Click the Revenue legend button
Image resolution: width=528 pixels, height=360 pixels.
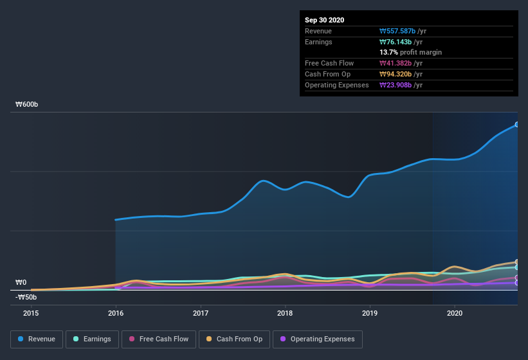(x=37, y=339)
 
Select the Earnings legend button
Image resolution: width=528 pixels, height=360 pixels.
(x=92, y=339)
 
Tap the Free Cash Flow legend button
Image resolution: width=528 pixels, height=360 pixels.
(x=159, y=339)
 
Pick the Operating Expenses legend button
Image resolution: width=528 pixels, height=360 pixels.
(x=317, y=339)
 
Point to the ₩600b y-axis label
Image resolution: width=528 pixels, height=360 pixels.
(x=27, y=105)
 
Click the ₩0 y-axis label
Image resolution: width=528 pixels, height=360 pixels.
(x=21, y=282)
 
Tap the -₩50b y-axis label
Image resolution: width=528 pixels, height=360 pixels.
(x=26, y=297)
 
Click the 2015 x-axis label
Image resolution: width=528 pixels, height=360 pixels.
(x=31, y=313)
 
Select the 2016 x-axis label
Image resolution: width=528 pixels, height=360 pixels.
(x=116, y=313)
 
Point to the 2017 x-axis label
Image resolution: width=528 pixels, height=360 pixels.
(x=201, y=313)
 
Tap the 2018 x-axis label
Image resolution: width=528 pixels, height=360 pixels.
(x=285, y=313)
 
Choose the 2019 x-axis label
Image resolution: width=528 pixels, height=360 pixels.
(x=370, y=313)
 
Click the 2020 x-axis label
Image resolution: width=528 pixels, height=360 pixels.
(x=455, y=313)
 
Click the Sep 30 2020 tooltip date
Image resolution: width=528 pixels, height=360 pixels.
(x=324, y=20)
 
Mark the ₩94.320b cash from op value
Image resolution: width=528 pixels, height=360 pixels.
(x=401, y=74)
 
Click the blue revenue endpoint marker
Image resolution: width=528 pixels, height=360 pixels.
(x=516, y=125)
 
